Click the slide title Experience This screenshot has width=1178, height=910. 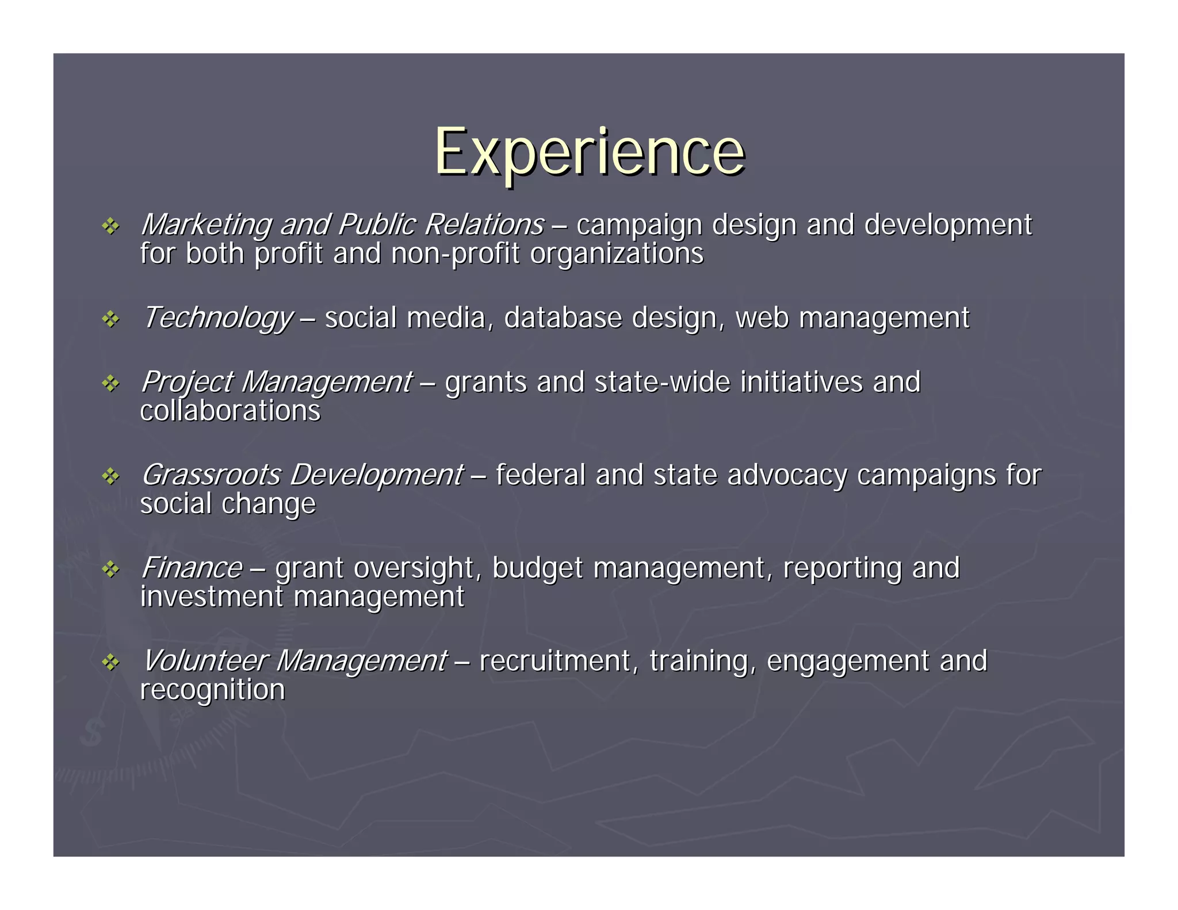589,152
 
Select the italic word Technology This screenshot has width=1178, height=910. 217,318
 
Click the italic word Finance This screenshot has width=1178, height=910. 192,568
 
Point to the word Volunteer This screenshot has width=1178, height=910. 204,661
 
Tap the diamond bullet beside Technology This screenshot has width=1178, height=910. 110,319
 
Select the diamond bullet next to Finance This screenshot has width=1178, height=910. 110,569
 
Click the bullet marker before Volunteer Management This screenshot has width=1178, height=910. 110,663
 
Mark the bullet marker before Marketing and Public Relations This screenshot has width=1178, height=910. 110,226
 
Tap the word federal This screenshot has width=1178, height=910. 540,475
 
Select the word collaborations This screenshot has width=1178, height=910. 230,411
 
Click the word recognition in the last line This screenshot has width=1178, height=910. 212,690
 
